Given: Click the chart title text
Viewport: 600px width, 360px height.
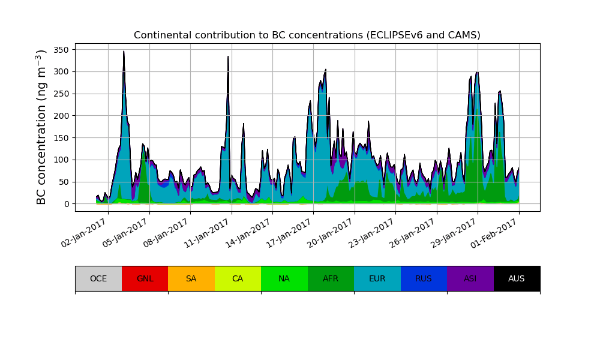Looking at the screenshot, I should pyautogui.click(x=307, y=35).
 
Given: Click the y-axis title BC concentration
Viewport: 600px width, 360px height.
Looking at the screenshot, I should pyautogui.click(x=41, y=127).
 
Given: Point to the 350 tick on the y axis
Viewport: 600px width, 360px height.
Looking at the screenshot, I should pyautogui.click(x=62, y=49).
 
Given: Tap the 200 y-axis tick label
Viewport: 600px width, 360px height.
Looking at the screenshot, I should pyautogui.click(x=62, y=116).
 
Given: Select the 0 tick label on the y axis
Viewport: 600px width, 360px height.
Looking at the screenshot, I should pyautogui.click(x=67, y=204).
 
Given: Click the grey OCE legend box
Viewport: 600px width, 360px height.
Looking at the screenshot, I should pyautogui.click(x=98, y=278).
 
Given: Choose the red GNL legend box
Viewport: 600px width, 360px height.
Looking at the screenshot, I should pyautogui.click(x=145, y=278).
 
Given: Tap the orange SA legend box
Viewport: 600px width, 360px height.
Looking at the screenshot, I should pyautogui.click(x=191, y=278).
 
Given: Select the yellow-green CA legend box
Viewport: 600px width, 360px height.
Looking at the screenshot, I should pyautogui.click(x=238, y=278).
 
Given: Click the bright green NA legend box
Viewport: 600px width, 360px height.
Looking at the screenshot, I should pyautogui.click(x=284, y=278).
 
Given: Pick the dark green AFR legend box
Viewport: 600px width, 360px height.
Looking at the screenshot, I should pyautogui.click(x=331, y=278).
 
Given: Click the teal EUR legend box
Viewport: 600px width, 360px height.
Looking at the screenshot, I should pyautogui.click(x=377, y=278).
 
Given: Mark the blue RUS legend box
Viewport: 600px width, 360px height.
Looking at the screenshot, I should pyautogui.click(x=424, y=278).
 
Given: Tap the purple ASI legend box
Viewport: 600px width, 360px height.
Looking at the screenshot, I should pyautogui.click(x=470, y=278).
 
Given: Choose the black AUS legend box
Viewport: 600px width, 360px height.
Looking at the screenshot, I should pyautogui.click(x=517, y=278).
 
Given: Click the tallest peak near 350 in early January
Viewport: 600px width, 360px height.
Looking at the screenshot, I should pyautogui.click(x=124, y=52).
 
